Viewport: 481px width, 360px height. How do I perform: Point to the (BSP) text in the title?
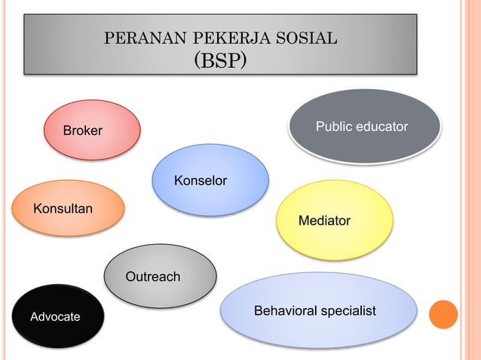click(220, 59)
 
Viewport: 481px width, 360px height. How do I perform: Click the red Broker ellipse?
click(92, 130)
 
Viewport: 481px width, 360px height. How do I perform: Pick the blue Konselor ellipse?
click(210, 179)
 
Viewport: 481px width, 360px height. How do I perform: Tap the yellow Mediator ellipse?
click(335, 220)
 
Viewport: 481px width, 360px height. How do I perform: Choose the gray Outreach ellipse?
click(160, 276)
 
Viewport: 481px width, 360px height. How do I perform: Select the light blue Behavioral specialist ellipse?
click(318, 310)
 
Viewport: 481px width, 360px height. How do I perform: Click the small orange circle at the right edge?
click(443, 314)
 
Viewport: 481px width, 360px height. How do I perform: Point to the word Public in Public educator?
click(332, 126)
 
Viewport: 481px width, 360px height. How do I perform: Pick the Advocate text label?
click(55, 317)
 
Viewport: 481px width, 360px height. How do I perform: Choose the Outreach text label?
click(153, 277)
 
